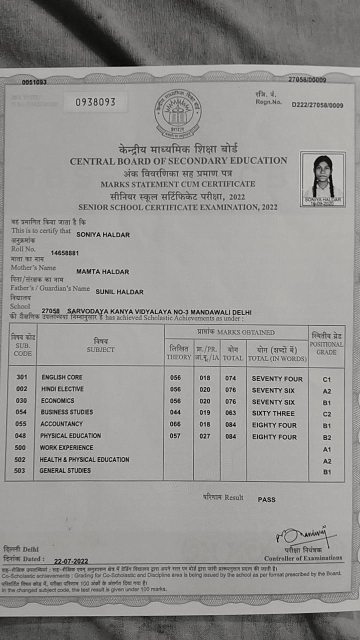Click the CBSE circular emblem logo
tap(178, 113)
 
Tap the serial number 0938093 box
tap(95, 102)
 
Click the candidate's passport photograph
tap(323, 178)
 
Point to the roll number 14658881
tap(64, 253)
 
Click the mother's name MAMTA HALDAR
tap(102, 272)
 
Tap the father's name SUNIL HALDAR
tap(119, 292)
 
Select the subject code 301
tap(22, 377)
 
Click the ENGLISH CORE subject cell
tap(62, 377)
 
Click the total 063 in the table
tap(230, 413)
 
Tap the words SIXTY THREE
tap(273, 413)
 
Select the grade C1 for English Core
tap(327, 379)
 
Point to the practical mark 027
tap(205, 436)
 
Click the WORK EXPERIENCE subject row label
tap(66, 447)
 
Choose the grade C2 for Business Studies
tap(327, 414)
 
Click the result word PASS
tap(266, 499)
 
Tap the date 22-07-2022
tap(71, 561)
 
